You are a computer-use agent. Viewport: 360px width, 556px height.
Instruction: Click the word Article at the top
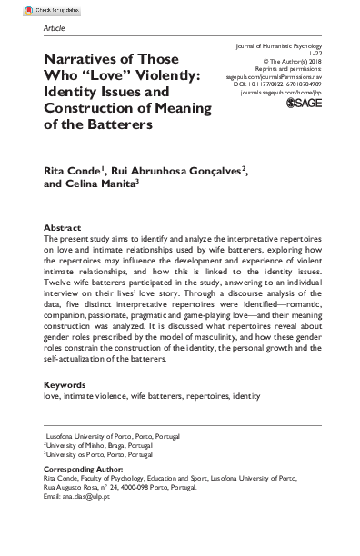pyautogui.click(x=55, y=28)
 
